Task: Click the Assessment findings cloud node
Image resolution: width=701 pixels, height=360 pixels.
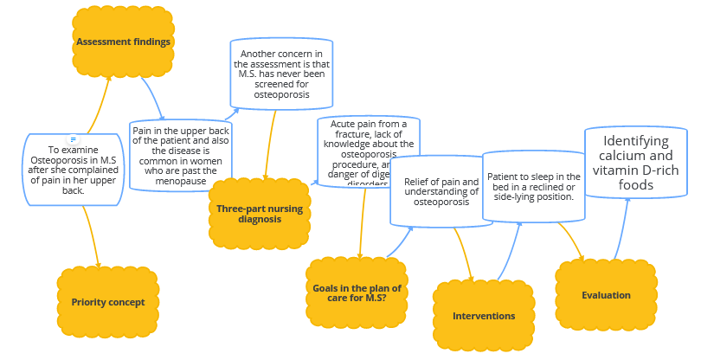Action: pos(122,42)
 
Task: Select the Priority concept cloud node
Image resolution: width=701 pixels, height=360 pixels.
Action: pos(107,302)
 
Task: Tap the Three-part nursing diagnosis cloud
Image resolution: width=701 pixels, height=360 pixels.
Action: pos(260,214)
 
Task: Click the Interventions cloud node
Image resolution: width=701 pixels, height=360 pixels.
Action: pos(484,316)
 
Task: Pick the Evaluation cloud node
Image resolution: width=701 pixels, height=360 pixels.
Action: pos(606,295)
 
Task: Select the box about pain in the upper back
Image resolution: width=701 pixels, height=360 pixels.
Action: pos(181,156)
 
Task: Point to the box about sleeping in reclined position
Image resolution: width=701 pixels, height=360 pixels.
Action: pos(532,187)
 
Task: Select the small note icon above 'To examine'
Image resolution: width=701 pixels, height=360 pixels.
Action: pos(74,139)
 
